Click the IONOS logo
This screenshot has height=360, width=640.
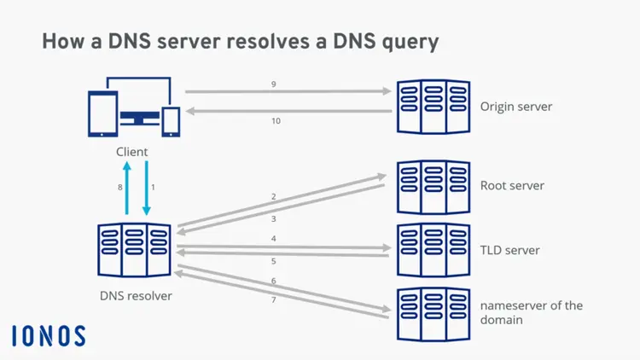pyautogui.click(x=49, y=335)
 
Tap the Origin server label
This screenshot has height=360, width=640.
pyautogui.click(x=516, y=107)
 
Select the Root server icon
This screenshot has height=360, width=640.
pyautogui.click(x=433, y=186)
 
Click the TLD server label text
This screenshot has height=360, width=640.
pyautogui.click(x=509, y=250)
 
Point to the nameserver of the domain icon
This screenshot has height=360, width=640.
pyautogui.click(x=433, y=315)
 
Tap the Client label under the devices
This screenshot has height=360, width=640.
pyautogui.click(x=132, y=152)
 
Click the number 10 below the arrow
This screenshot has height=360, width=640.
pyautogui.click(x=276, y=121)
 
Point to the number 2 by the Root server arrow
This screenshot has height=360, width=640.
pyautogui.click(x=274, y=197)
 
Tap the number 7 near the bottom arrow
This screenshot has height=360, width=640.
pyautogui.click(x=274, y=300)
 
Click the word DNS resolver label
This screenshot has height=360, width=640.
pyautogui.click(x=135, y=296)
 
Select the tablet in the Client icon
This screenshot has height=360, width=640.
pyautogui.click(x=102, y=113)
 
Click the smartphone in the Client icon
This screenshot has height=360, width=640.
pyautogui.click(x=172, y=121)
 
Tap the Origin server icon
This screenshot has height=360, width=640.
pyautogui.click(x=433, y=107)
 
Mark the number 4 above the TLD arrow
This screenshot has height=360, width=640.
pyautogui.click(x=274, y=239)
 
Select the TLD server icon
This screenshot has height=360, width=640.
pyautogui.click(x=433, y=250)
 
